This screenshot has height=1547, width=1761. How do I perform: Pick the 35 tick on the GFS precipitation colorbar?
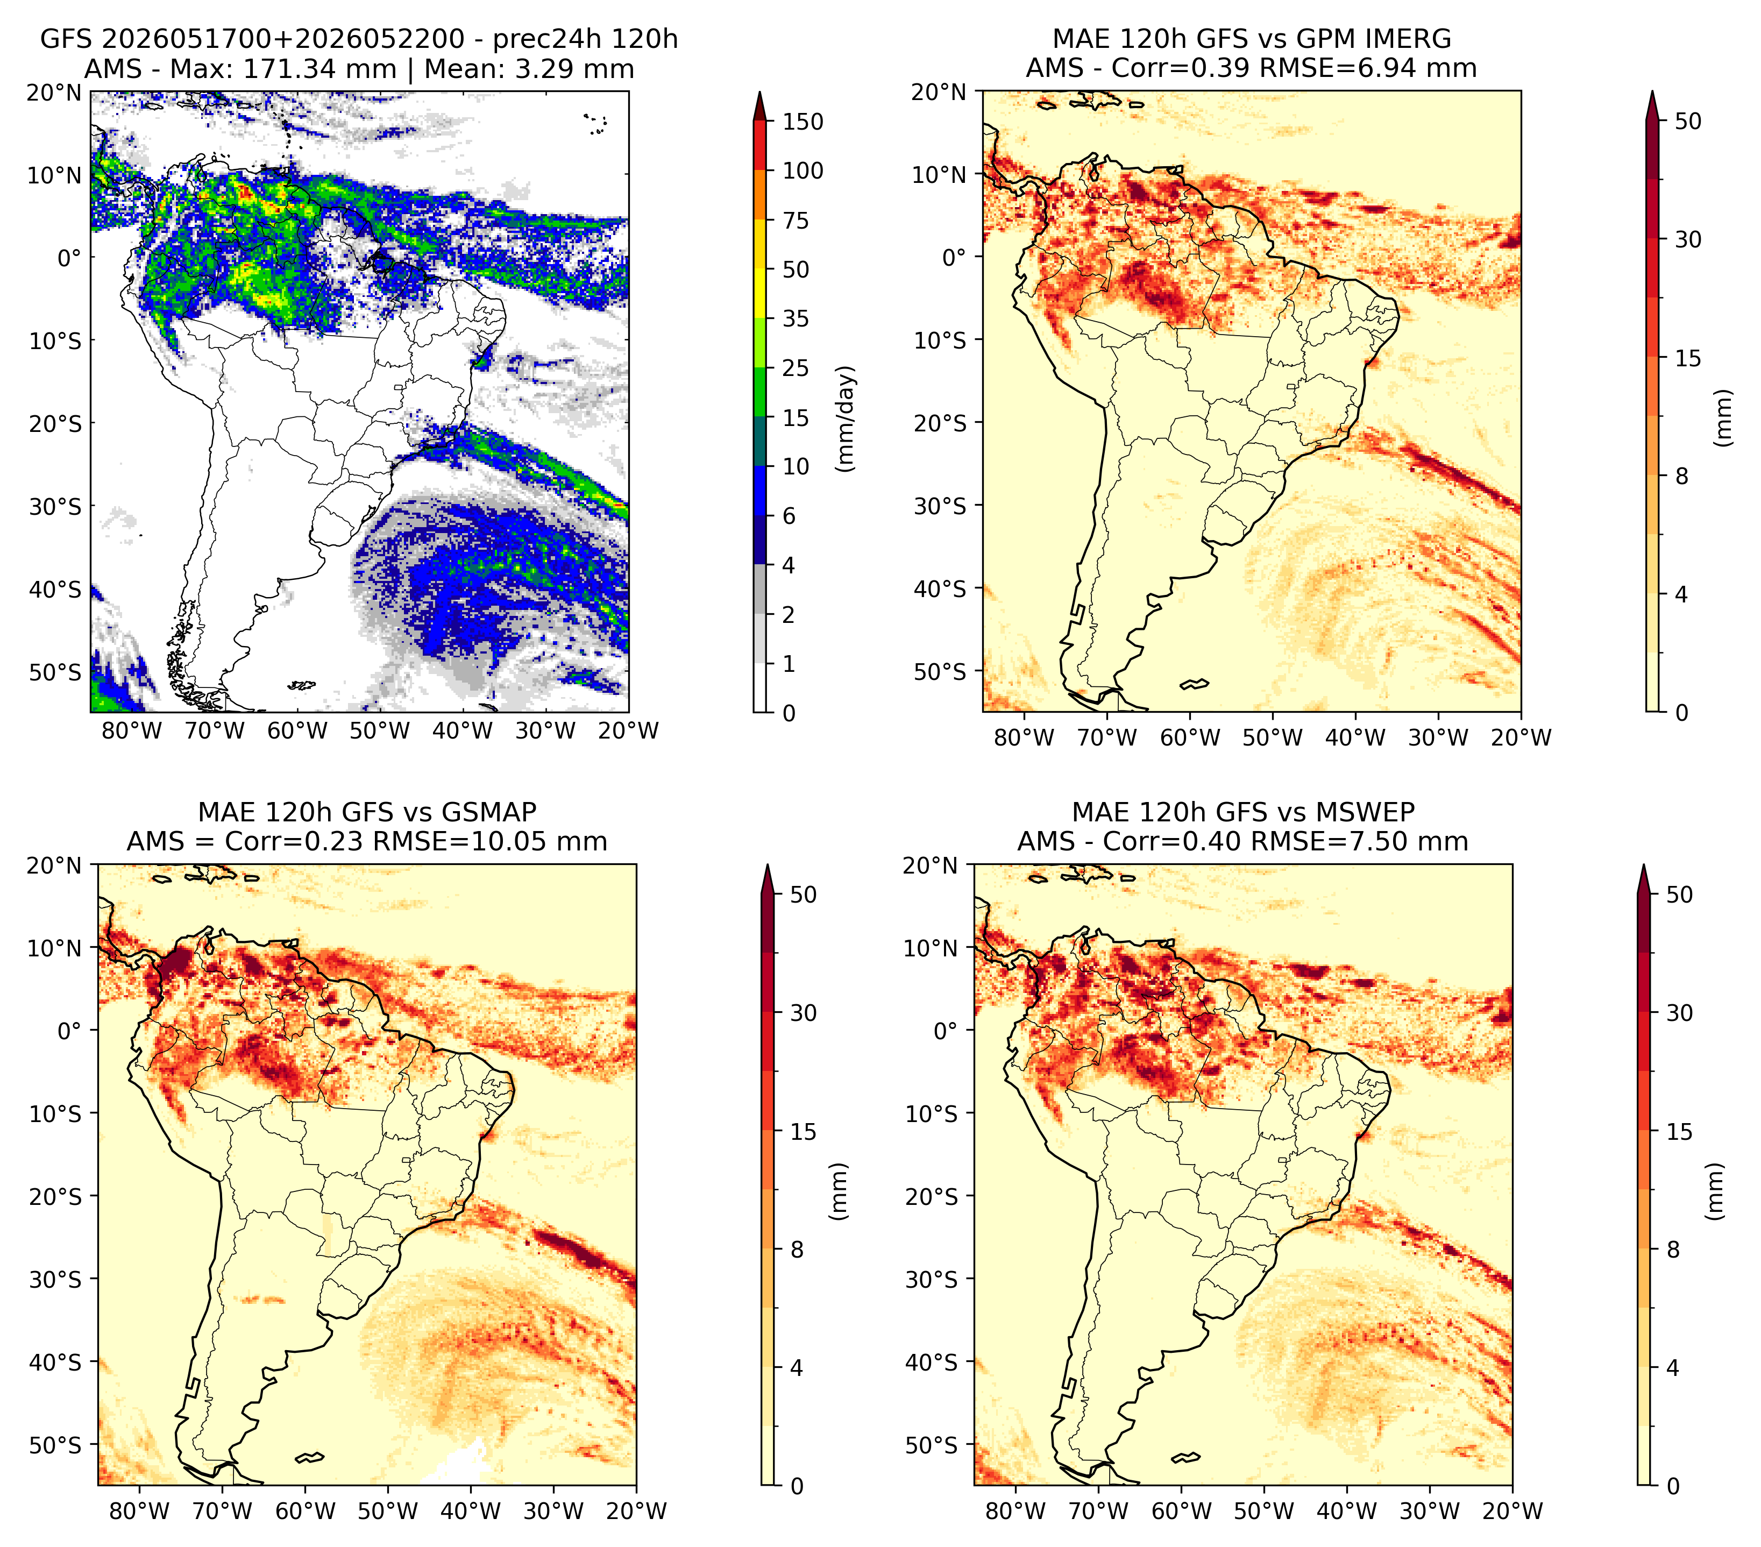click(796, 318)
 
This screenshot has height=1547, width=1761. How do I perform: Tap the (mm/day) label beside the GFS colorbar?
click(846, 418)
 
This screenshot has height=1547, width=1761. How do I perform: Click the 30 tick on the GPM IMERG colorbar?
click(1688, 239)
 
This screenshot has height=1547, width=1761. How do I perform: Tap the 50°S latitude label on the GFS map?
click(55, 672)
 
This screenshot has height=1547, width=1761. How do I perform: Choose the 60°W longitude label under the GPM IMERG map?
click(1190, 737)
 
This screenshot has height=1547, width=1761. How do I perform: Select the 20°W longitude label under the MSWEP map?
click(1512, 1511)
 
